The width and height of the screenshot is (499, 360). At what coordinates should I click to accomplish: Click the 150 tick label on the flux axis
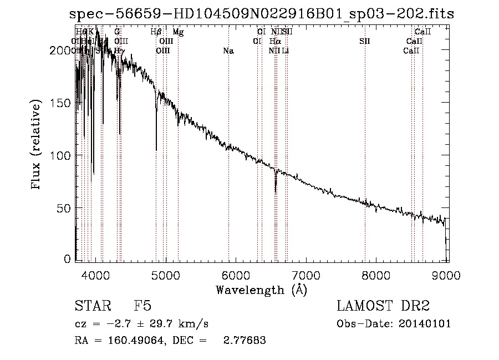61,103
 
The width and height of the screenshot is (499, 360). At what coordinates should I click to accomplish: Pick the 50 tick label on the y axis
64,208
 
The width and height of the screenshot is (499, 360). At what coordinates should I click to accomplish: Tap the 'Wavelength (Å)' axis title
261,290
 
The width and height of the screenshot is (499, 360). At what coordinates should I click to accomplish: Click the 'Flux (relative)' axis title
37,145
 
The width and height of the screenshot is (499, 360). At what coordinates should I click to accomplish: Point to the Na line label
228,51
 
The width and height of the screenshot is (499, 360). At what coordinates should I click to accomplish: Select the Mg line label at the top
178,32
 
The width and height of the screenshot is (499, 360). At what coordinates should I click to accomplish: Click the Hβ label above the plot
156,32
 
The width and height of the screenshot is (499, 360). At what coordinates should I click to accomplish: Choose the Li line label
285,51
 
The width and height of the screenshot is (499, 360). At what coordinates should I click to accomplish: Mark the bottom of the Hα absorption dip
276,191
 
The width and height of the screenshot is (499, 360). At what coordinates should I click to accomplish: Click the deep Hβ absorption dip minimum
156,149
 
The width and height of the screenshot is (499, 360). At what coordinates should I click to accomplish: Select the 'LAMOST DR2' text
383,307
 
